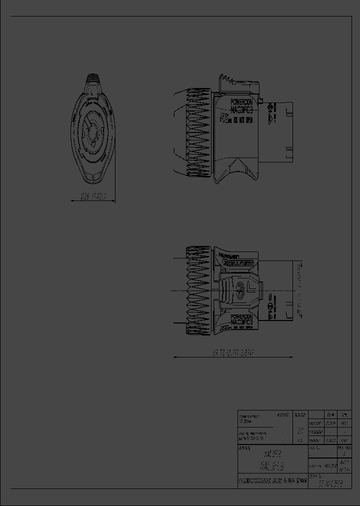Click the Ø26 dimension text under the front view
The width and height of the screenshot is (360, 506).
93,197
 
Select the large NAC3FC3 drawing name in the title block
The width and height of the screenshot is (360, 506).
272,466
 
